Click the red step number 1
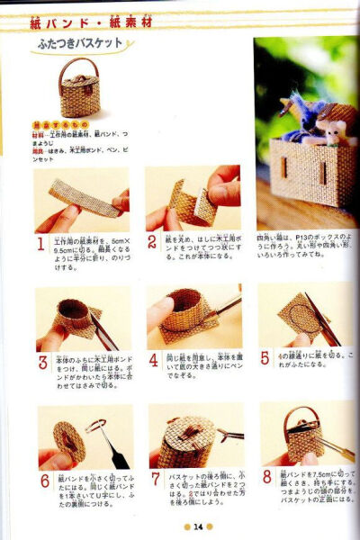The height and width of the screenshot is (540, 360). tap(41, 244)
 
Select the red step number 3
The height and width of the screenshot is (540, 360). tap(41, 363)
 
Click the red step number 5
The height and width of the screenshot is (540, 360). tap(265, 358)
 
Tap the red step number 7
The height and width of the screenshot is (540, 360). tap(154, 480)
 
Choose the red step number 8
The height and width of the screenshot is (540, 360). tap(267, 477)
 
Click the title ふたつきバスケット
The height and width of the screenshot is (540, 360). tap(80, 42)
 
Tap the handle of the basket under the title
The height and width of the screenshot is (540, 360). tap(79, 67)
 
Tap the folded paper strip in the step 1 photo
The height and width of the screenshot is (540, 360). tap(83, 197)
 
